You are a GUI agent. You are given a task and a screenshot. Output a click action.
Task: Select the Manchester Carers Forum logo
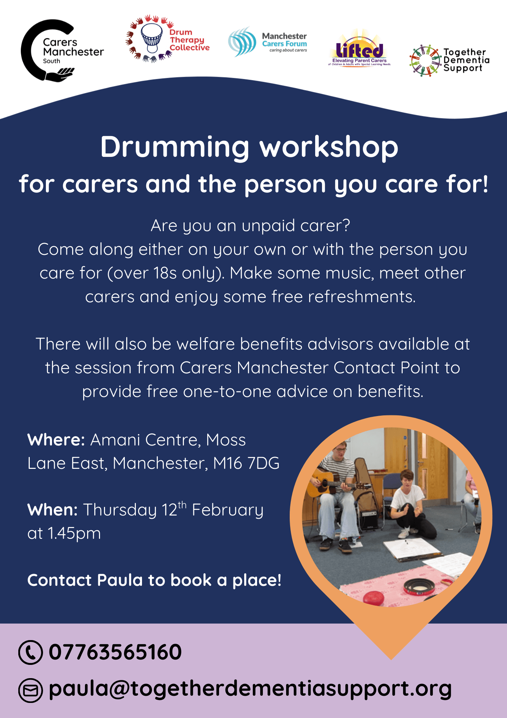(267, 42)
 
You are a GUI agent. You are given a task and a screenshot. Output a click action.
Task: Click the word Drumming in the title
(175, 148)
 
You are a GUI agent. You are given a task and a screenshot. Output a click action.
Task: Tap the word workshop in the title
(329, 147)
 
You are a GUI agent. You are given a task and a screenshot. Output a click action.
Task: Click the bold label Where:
(56, 440)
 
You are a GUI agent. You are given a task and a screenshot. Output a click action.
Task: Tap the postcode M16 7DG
(246, 463)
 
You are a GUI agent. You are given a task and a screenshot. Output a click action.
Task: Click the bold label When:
(52, 510)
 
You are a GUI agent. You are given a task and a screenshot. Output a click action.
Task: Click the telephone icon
(30, 652)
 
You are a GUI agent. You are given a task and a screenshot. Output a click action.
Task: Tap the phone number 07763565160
(115, 652)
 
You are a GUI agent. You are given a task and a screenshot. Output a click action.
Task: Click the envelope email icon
(30, 690)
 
